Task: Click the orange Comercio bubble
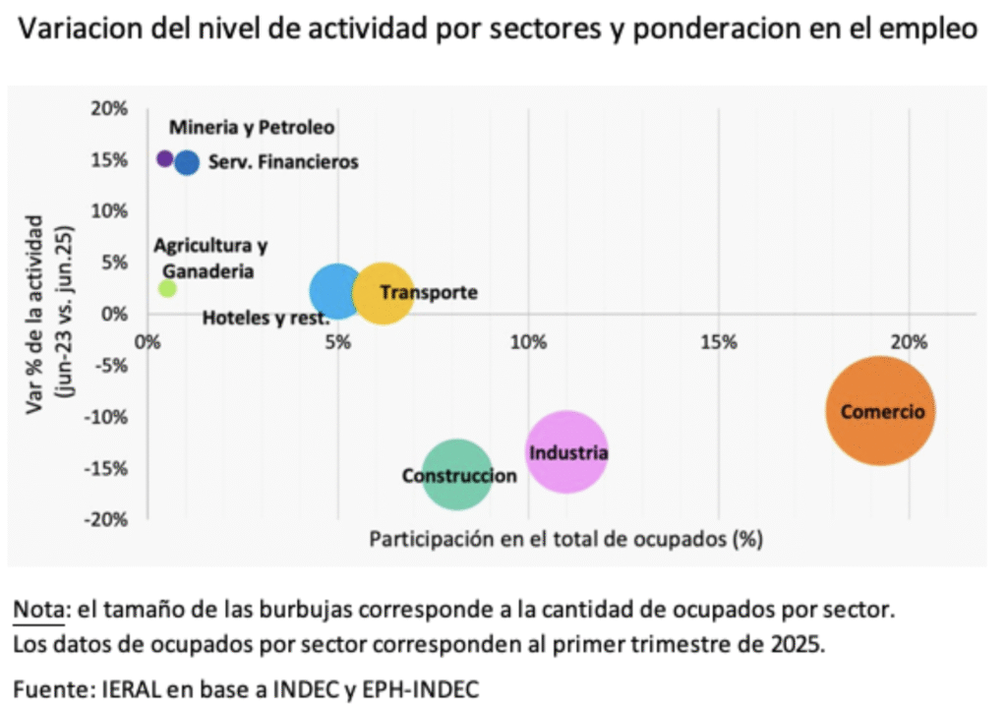[x=879, y=412]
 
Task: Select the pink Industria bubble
[x=564, y=451]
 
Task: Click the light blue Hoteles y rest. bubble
[x=337, y=291]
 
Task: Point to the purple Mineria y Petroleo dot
[x=165, y=158]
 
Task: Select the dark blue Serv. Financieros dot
[x=187, y=162]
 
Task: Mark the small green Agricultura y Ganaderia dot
[x=167, y=288]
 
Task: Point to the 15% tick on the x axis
[x=719, y=342]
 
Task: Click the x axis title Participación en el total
[x=565, y=539]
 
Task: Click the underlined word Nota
[x=38, y=610]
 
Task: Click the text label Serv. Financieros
[x=283, y=162]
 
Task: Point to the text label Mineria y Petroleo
[x=252, y=127]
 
